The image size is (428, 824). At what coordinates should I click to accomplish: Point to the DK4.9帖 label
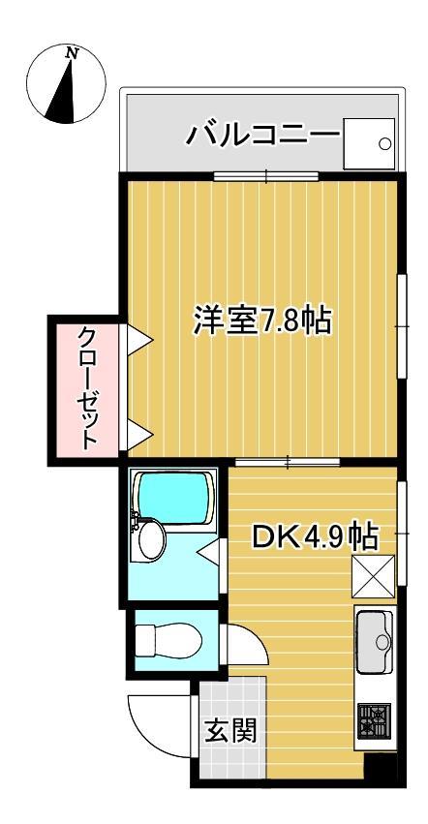point(315,535)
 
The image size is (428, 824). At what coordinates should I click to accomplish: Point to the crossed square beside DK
point(373,578)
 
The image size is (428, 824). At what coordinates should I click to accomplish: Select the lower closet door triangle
point(138,433)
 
